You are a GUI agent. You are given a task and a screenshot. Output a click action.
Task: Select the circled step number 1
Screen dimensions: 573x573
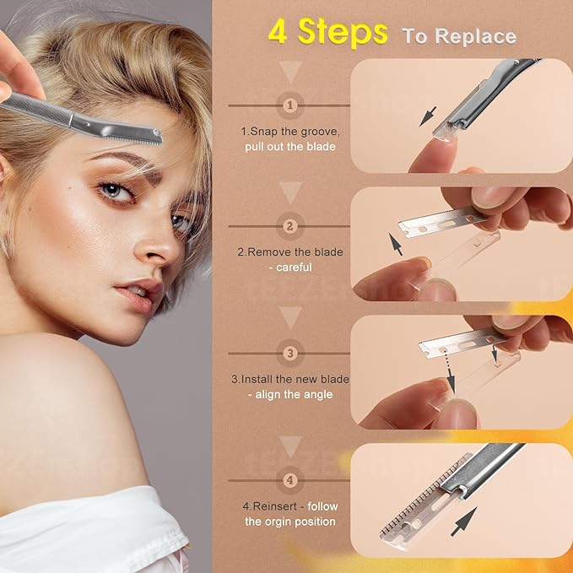(291, 105)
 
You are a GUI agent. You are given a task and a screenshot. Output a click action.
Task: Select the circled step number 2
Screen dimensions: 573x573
(291, 226)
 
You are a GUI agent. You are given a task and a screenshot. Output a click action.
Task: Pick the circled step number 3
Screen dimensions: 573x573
(291, 353)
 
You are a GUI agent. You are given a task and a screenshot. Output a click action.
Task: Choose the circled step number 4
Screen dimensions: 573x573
(291, 480)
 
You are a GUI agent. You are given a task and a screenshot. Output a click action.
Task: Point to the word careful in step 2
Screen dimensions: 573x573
(292, 267)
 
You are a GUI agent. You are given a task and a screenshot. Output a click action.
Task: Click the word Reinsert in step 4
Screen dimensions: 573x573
(278, 505)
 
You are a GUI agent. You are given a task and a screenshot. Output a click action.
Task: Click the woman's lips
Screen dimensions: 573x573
(135, 292)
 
